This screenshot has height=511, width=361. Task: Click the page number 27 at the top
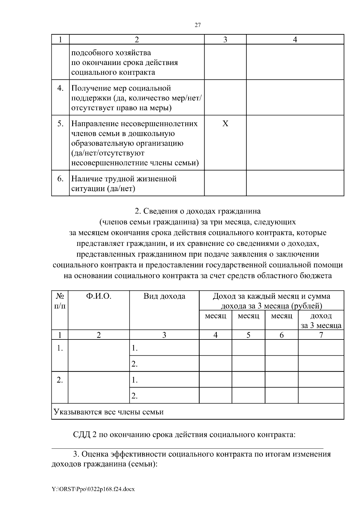198,25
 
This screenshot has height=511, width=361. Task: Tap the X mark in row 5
225,124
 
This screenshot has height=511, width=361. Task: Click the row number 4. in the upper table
60,88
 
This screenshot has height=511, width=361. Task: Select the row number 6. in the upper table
60,179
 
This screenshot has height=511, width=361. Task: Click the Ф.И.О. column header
99,296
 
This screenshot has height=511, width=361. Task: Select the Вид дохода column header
164,296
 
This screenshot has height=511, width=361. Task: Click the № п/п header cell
60,301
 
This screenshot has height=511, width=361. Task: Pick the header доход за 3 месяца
321,321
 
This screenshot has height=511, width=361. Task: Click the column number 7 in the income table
321,335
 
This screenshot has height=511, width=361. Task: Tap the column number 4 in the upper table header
295,40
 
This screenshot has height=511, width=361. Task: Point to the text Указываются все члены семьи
108,412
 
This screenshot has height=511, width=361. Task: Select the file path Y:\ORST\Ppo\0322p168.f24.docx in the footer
93,489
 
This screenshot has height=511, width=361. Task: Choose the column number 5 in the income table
248,335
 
